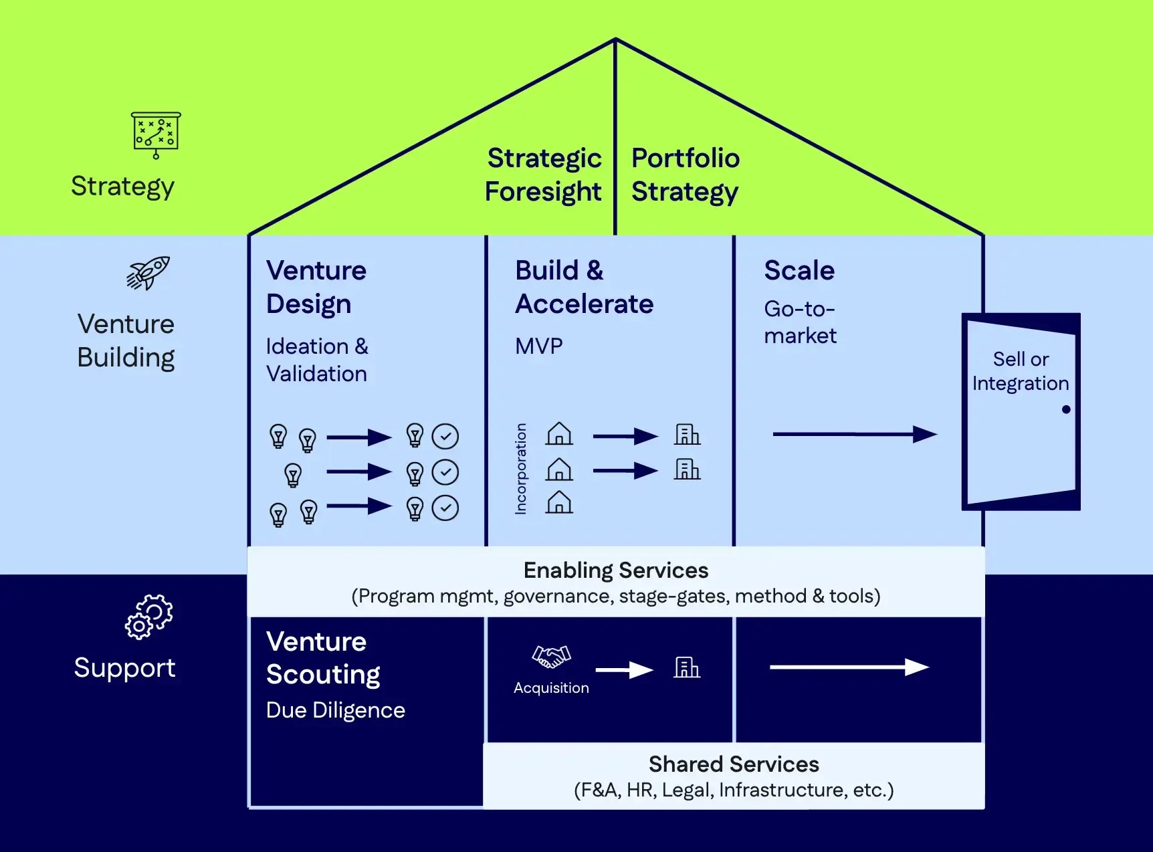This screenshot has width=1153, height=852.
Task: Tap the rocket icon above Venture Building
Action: point(148,273)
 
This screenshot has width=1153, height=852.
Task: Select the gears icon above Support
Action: point(148,617)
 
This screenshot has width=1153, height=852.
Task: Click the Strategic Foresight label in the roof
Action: point(544,175)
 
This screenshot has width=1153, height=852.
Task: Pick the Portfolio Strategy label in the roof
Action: point(686,175)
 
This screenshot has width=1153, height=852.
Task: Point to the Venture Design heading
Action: point(316,287)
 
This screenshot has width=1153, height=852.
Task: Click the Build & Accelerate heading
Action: point(584,287)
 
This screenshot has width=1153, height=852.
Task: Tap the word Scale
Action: point(799,270)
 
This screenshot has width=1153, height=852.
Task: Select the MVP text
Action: point(539,346)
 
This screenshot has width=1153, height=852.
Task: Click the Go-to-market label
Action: point(801,322)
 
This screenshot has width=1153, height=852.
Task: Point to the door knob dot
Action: point(1066,409)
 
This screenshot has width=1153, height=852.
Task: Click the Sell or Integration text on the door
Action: point(1021,371)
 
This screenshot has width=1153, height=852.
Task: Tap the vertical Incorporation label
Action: point(520,469)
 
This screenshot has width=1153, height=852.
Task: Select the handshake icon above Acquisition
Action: point(551,657)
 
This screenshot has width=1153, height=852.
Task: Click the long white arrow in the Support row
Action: point(849,667)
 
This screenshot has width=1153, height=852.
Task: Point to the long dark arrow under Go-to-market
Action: point(855,434)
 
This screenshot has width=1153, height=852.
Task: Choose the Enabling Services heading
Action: point(616,570)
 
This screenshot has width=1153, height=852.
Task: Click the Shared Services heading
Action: point(734,764)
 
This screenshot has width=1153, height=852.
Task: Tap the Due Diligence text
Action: point(336,710)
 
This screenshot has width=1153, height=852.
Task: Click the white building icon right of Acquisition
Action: point(687,667)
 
